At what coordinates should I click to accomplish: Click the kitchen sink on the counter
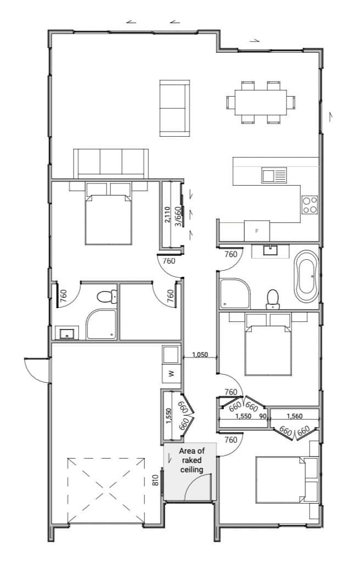[274, 175]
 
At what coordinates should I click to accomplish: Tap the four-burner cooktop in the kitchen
[310, 205]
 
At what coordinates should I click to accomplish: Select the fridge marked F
[257, 231]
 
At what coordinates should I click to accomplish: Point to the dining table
[261, 102]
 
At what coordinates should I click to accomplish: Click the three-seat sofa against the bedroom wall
[111, 163]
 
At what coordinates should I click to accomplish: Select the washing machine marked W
[171, 373]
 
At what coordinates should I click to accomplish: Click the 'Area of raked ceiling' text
[192, 460]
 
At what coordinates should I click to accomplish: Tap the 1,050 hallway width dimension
[200, 355]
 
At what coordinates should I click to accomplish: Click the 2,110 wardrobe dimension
[167, 214]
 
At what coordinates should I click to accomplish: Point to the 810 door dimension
[156, 480]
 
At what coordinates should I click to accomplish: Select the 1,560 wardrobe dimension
[294, 416]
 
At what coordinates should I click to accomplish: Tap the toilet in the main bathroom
[273, 299]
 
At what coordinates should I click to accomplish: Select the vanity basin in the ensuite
[67, 333]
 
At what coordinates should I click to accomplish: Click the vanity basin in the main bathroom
[271, 250]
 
